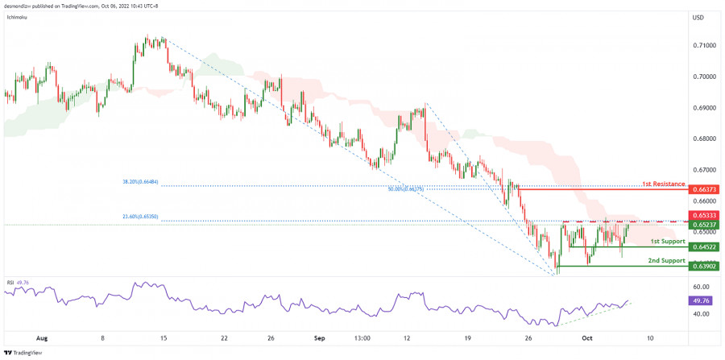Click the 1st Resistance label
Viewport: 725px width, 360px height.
(x=663, y=184)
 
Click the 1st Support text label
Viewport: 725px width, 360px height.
(x=668, y=242)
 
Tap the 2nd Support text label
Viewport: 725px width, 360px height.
(x=667, y=261)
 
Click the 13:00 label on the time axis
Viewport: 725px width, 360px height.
(x=361, y=338)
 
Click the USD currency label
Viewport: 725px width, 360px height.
(x=699, y=18)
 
